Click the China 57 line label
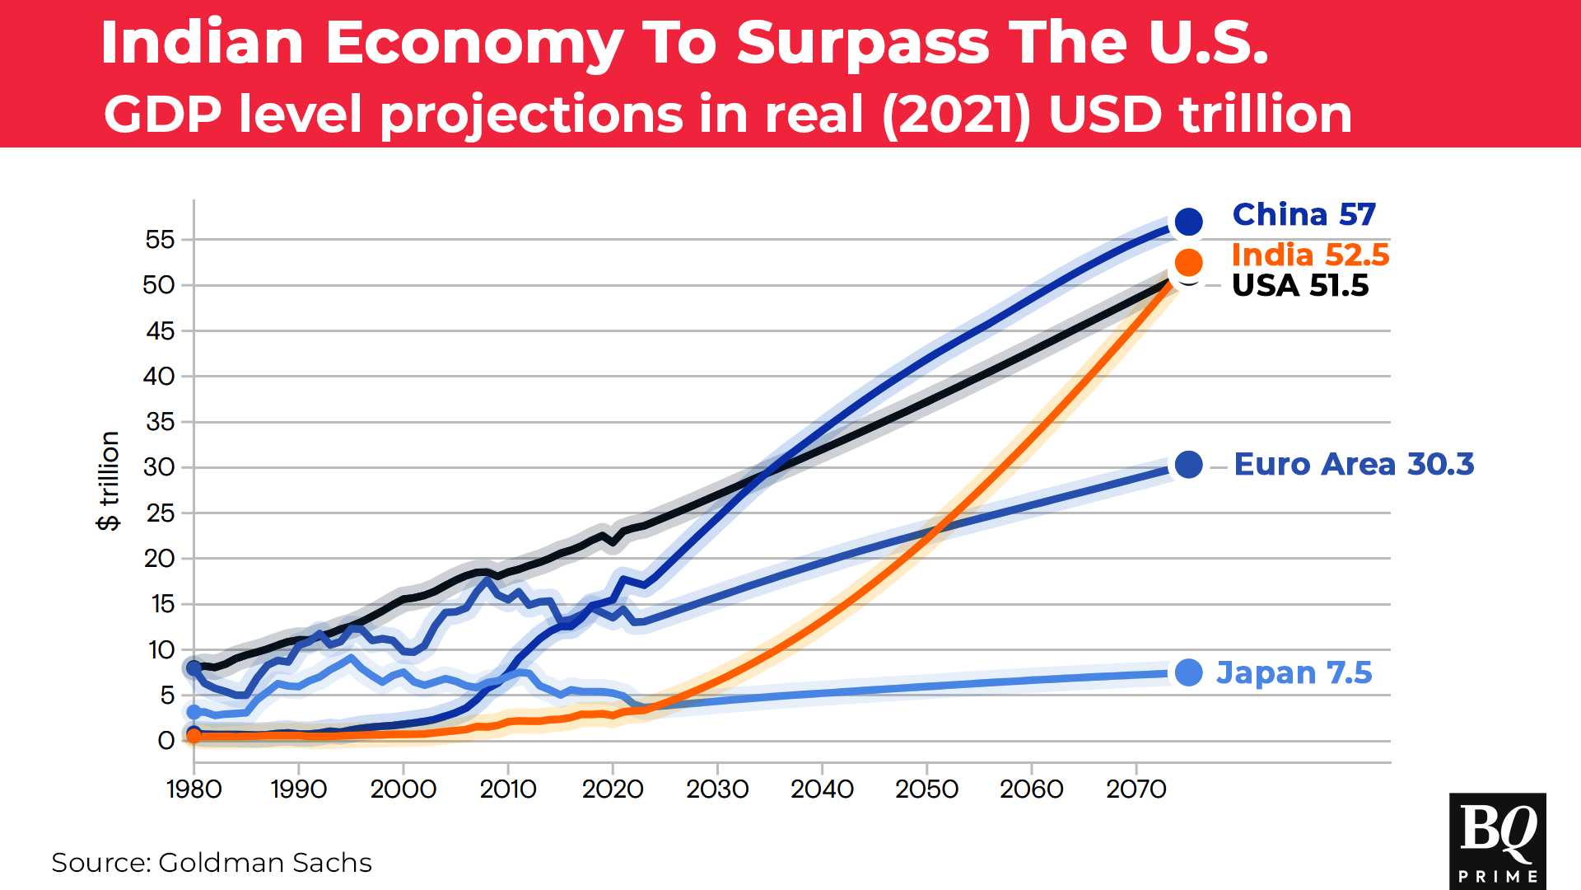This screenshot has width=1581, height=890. coord(1304,215)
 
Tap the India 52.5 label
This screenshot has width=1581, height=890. coord(1310,255)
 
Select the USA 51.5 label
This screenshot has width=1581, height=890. coord(1300,286)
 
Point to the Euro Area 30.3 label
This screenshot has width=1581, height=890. coord(1354,465)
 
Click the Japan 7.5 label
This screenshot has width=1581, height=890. coord(1294,673)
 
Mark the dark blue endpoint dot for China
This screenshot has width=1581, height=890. coord(1188,221)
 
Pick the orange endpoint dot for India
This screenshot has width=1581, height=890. coord(1188,262)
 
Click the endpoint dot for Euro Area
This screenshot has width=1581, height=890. coord(1188,465)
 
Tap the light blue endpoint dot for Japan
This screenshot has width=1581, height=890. coord(1188,673)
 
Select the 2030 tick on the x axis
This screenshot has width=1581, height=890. coord(717,789)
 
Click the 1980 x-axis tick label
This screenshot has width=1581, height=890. coord(194,789)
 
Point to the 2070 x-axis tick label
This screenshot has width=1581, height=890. coord(1136,789)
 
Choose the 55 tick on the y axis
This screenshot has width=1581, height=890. coord(160,240)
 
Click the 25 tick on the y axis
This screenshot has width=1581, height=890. coord(160,513)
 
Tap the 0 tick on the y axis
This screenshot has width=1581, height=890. coord(166,741)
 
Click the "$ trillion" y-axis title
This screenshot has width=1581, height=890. coord(109,481)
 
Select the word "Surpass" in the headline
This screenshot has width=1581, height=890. coord(862,43)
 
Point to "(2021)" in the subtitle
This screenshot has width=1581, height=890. coord(956,115)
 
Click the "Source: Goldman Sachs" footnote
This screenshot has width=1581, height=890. coord(212,863)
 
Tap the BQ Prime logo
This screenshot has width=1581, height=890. coord(1497,841)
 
